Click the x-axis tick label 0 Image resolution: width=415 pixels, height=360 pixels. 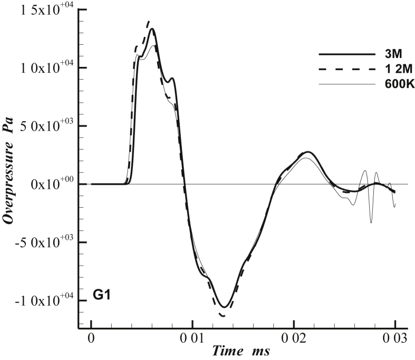(x=91, y=336)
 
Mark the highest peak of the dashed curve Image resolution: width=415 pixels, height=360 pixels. (x=149, y=21)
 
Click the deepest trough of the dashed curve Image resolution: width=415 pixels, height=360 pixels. (x=223, y=316)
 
